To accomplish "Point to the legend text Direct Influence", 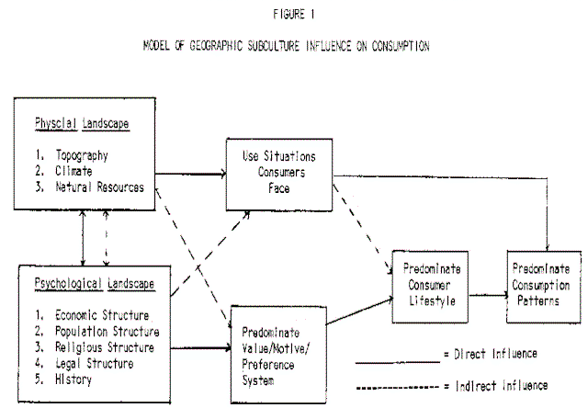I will tap(497, 353).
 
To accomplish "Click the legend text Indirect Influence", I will tap(501, 386).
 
